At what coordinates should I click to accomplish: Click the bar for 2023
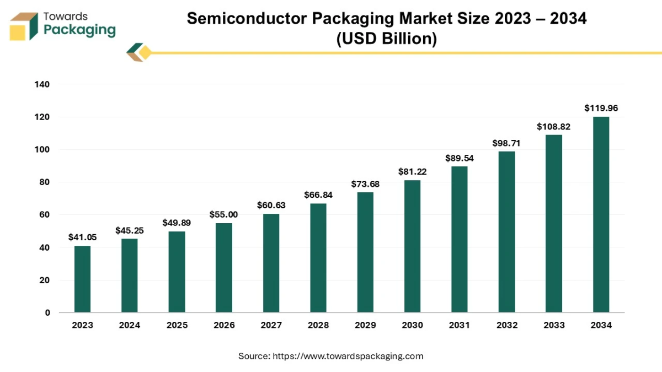coord(82,279)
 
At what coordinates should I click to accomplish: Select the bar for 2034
coord(601,214)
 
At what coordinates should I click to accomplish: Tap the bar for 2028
coord(318,258)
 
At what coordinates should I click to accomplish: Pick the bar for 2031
coord(460,239)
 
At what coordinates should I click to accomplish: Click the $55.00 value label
coord(223,214)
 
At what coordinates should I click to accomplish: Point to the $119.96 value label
coord(601,108)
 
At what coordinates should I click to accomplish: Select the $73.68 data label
coord(365,184)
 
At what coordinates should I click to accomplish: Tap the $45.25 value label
coord(130,230)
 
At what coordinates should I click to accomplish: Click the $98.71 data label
coord(506,143)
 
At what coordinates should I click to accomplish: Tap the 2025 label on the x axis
coord(177,325)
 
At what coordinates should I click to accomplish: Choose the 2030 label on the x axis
coord(412,325)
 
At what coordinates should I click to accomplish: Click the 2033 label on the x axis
coord(554,325)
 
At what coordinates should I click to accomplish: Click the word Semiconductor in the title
coord(247,18)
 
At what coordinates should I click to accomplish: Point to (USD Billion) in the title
coord(386,39)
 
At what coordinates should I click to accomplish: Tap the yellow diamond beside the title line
coord(145,53)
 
